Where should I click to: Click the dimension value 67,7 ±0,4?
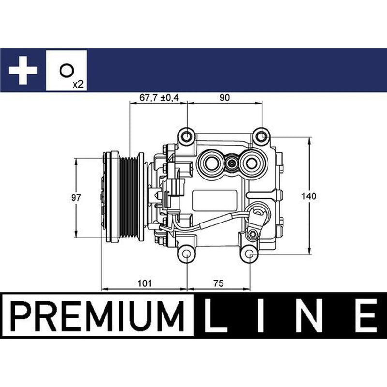(159, 98)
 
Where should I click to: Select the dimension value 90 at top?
(224, 98)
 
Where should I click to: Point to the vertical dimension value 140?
(309, 196)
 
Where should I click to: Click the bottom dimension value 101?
(145, 283)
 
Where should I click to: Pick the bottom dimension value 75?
(219, 283)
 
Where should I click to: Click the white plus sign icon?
(23, 70)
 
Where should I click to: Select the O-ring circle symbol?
(66, 71)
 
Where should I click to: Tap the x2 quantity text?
(78, 84)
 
